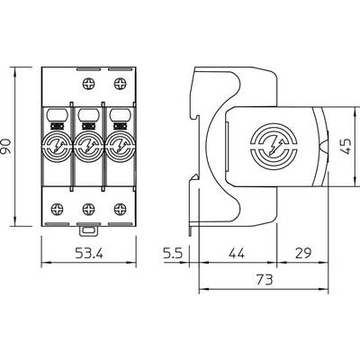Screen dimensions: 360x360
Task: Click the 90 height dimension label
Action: click(x=6, y=147)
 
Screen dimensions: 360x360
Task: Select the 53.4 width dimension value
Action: click(x=89, y=254)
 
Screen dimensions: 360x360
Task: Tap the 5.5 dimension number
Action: click(x=173, y=254)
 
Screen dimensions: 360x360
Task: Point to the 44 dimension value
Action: click(x=237, y=254)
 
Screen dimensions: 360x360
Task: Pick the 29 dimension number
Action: click(x=303, y=254)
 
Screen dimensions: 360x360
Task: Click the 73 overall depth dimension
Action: click(x=265, y=280)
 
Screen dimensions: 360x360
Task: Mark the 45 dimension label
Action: click(x=346, y=146)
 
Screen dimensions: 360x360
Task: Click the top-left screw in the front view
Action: click(x=88, y=84)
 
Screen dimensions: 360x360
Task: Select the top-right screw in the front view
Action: click(x=121, y=84)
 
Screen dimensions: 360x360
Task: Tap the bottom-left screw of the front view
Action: click(x=57, y=209)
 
